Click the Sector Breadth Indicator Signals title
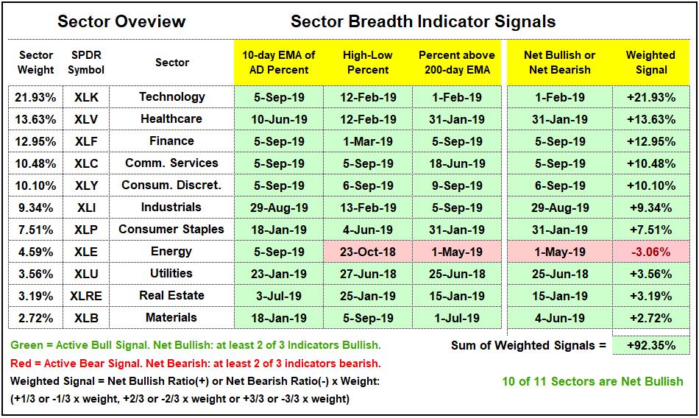point(423,21)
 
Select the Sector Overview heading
point(121,21)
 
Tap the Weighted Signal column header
point(650,63)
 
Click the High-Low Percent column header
point(368,63)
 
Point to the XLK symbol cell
point(86,97)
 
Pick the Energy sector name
point(171,252)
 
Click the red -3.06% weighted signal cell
point(651,252)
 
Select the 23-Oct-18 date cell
point(368,252)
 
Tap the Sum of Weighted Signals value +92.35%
point(651,345)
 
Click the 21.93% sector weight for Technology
point(35,97)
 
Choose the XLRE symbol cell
point(86,296)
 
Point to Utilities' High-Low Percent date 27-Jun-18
point(368,274)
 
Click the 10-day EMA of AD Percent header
point(279,63)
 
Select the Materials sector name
point(171,318)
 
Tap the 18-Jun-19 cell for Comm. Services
point(457,163)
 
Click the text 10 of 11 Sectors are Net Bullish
point(592,382)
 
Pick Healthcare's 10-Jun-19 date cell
point(279,119)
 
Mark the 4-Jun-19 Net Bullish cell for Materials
point(560,318)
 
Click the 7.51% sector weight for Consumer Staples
point(35,230)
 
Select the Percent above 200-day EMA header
point(457,63)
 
